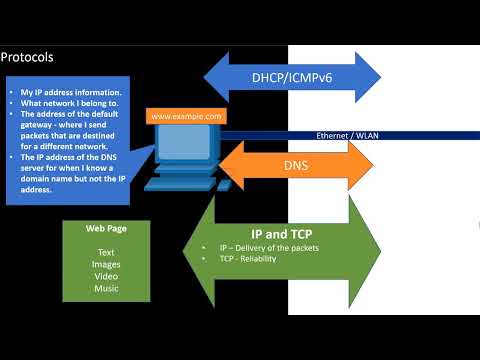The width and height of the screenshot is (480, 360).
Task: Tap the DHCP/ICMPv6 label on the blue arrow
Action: click(292, 78)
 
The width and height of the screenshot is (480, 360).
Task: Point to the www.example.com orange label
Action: click(186, 116)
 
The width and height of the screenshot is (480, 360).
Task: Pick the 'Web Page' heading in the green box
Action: click(106, 228)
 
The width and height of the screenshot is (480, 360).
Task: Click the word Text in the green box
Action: click(106, 252)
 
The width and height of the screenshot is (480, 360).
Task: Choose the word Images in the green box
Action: click(106, 264)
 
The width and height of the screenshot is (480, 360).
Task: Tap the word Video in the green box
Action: click(106, 276)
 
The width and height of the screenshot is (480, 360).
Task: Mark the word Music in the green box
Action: click(106, 288)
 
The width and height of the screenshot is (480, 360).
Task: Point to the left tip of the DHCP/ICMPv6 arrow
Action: click(204, 78)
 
